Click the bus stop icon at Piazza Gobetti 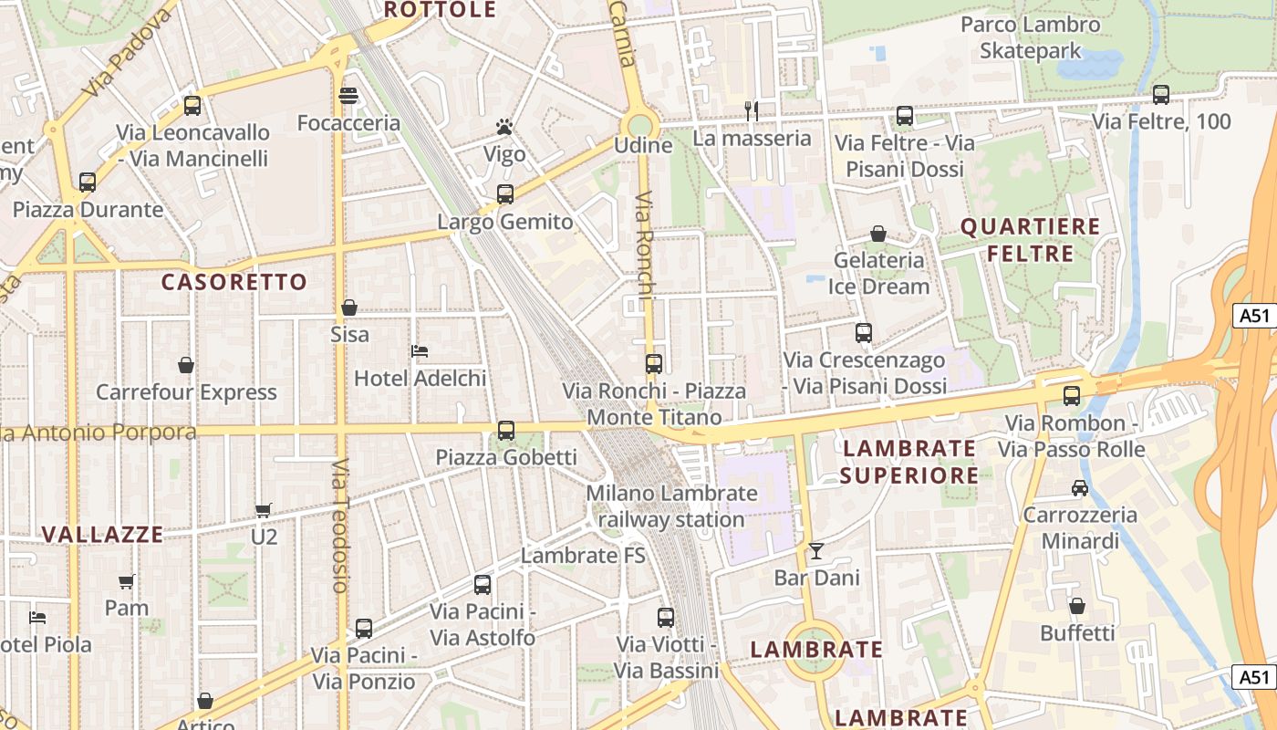tap(506, 431)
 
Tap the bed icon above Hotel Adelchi tap(420, 350)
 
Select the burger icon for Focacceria tap(348, 95)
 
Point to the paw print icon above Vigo tap(504, 126)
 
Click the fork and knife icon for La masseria tap(752, 110)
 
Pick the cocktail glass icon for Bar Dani tap(815, 550)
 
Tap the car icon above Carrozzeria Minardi tap(1080, 487)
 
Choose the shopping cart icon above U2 tap(264, 510)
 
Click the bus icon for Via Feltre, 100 tap(1161, 94)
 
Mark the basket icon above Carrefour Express tap(186, 365)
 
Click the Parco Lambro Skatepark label tap(1031, 37)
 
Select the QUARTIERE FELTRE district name tap(1031, 239)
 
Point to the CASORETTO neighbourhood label tap(234, 282)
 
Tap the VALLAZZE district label tap(103, 535)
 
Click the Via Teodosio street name tap(340, 527)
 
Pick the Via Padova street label tap(129, 55)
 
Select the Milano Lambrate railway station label tap(671, 506)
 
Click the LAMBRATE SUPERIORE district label tap(908, 462)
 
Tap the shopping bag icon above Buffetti tap(1077, 606)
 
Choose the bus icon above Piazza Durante tap(88, 182)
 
